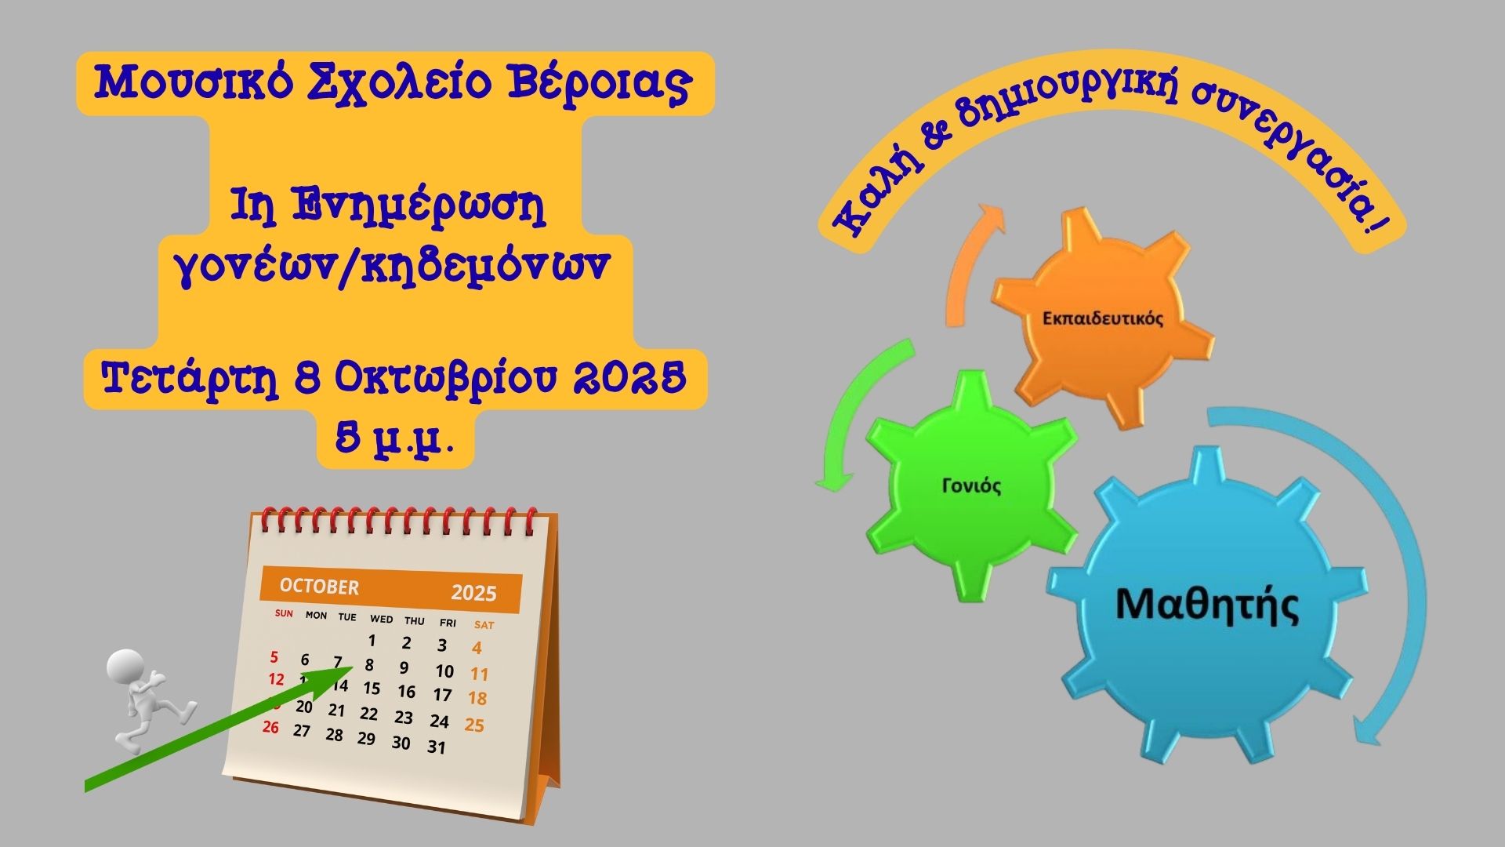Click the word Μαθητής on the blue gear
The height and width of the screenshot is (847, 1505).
tap(1206, 605)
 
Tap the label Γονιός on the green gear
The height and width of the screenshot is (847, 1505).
tap(971, 486)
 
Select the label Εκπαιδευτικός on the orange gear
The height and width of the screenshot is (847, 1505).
tap(1103, 318)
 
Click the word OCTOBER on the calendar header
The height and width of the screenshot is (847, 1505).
tap(319, 587)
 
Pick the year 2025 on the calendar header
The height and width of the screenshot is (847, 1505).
tap(473, 592)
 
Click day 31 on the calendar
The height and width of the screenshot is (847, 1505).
tap(437, 747)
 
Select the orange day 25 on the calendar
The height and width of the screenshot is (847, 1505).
tap(474, 725)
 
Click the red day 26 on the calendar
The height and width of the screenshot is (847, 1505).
tap(270, 727)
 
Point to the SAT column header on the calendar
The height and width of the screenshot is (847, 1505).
tap(484, 625)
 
